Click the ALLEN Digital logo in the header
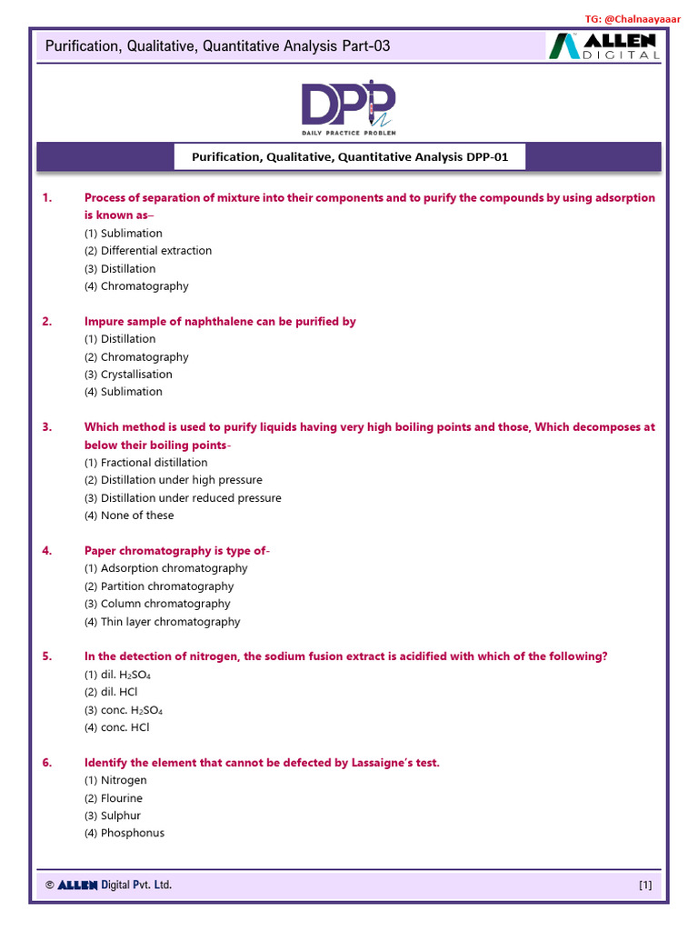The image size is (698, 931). pos(603,45)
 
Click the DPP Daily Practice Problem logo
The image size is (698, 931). pos(349,106)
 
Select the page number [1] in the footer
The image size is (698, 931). pos(645,885)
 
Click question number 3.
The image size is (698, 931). pos(47,427)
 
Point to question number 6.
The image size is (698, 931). pos(47,763)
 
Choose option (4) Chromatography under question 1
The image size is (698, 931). pos(136,286)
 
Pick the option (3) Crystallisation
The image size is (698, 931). pos(128,375)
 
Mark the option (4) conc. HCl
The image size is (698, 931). pos(116,727)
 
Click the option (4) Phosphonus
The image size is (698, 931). pos(125,834)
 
